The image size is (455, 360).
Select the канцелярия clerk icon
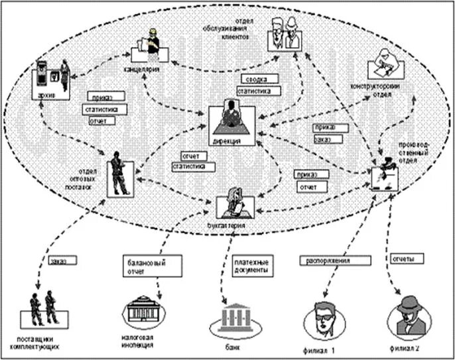pos(151,46)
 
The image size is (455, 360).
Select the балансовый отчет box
pos(142,267)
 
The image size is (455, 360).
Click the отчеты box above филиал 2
pos(407,258)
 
